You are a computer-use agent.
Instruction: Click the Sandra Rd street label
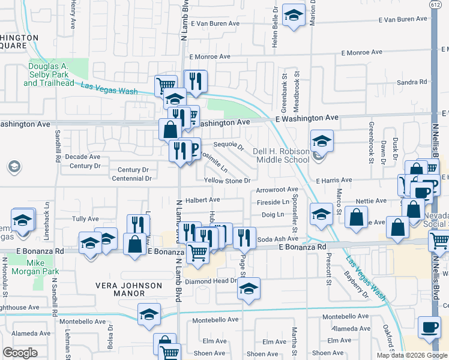coord(411,82)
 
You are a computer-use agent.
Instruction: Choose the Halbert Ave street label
coord(202,199)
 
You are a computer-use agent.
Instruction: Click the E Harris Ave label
coord(334,180)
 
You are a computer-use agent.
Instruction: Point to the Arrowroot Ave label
coord(277,190)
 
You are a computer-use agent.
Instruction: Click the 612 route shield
coord(433,5)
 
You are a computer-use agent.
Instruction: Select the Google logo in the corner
coord(20,352)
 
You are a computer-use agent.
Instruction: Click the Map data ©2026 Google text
coord(411,355)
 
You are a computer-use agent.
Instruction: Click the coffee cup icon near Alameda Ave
coord(429,328)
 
